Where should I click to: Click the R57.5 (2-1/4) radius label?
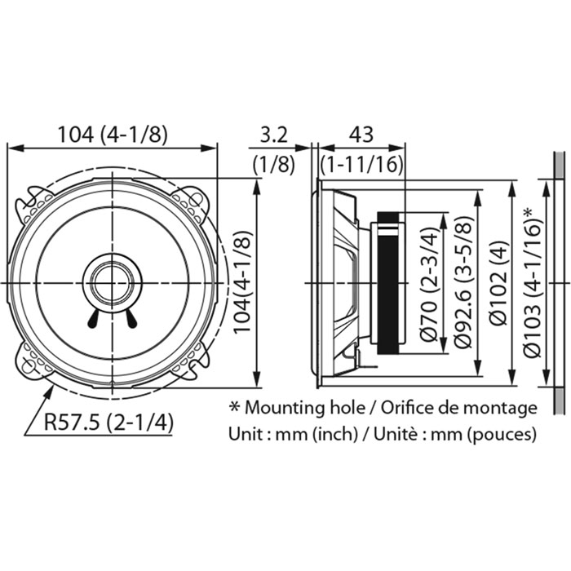click(x=108, y=423)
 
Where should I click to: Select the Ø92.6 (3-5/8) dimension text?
click(x=464, y=282)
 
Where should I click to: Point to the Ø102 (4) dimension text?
click(x=498, y=282)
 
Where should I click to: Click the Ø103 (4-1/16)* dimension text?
click(x=533, y=282)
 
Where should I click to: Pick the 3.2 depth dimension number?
click(x=274, y=135)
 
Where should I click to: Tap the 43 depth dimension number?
click(x=361, y=135)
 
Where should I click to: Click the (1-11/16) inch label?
click(x=361, y=165)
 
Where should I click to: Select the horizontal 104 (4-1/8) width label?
click(x=113, y=134)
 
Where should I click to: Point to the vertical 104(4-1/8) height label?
click(x=242, y=282)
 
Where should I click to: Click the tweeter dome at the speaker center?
click(x=113, y=282)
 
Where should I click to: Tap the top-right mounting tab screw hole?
click(x=196, y=200)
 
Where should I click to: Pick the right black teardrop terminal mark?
click(x=131, y=319)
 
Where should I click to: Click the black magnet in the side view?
click(x=388, y=282)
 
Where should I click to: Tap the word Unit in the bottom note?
click(x=242, y=434)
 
